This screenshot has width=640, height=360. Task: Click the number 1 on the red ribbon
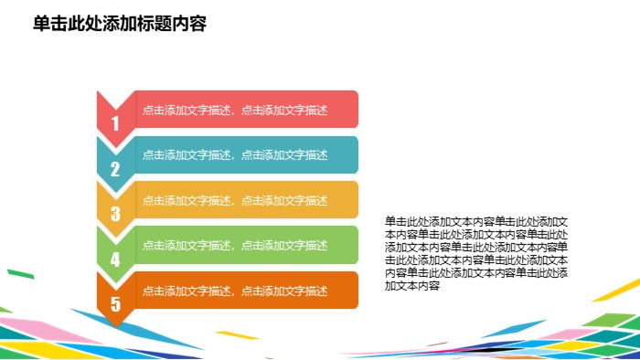click(115, 123)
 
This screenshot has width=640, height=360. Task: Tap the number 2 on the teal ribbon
click(115, 169)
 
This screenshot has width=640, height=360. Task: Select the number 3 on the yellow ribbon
click(115, 214)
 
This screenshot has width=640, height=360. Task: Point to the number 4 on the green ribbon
click(115, 259)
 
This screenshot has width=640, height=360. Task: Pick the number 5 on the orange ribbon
click(115, 304)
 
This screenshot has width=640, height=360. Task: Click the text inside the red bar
click(235, 110)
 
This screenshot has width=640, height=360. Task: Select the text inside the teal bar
click(235, 155)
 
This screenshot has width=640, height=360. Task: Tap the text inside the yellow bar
click(235, 200)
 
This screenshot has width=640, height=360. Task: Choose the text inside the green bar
click(235, 246)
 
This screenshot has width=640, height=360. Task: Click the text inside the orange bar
click(235, 291)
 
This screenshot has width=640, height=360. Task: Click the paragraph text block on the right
click(476, 253)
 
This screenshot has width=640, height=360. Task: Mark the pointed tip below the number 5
click(116, 324)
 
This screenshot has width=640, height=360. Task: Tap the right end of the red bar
click(354, 110)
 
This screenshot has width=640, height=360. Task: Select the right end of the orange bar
click(354, 291)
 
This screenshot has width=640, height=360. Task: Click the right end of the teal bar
click(354, 155)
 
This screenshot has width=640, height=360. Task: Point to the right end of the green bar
click(354, 246)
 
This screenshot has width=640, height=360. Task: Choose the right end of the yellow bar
click(354, 200)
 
